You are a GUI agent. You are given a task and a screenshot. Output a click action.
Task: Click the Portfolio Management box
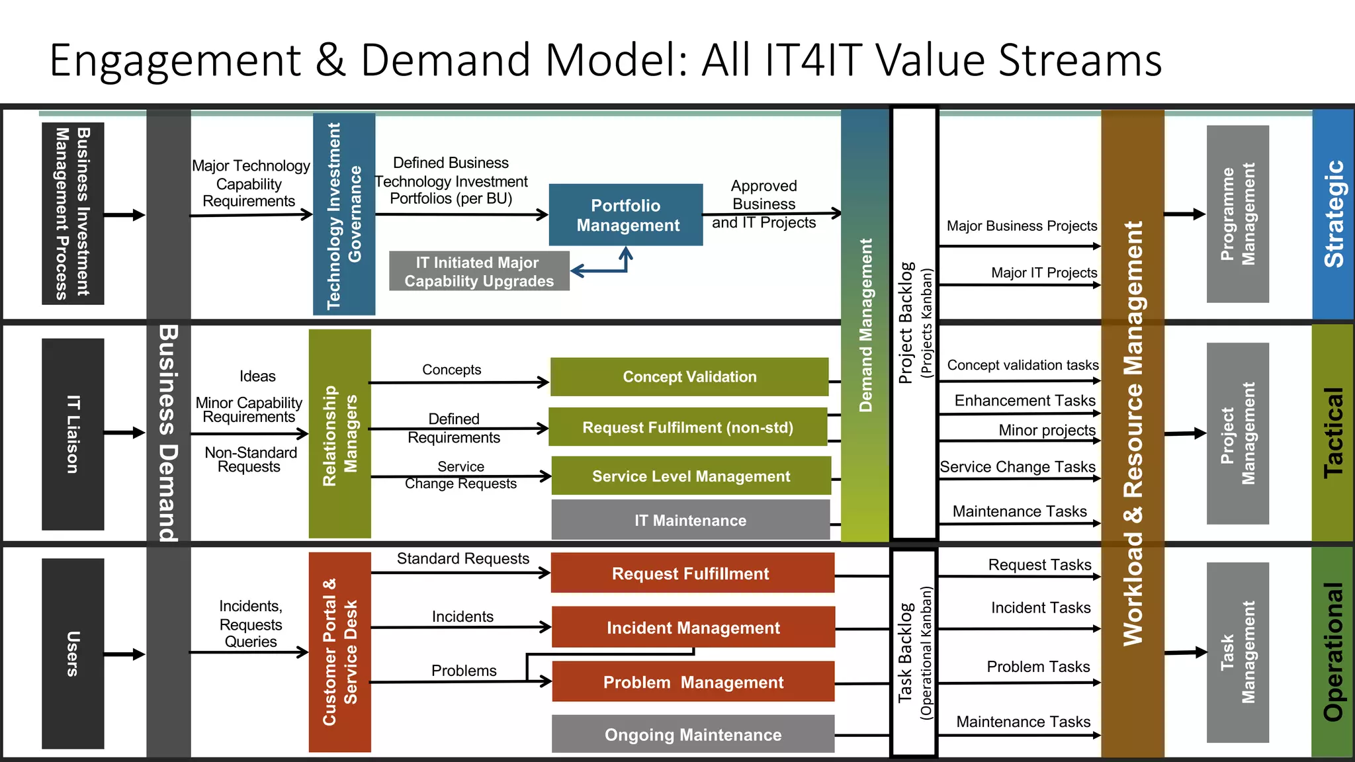pos(626,215)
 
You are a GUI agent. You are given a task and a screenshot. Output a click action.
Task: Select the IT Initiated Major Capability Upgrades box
pos(479,271)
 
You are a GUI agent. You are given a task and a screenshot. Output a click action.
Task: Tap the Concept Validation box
pos(689,377)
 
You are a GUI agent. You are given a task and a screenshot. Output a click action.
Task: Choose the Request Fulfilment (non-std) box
pos(688,427)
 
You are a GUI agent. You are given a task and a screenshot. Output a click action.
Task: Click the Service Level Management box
pos(691,476)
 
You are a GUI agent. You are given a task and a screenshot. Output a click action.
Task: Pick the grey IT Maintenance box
pos(690,521)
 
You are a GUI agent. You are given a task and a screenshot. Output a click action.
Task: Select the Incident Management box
pos(693,628)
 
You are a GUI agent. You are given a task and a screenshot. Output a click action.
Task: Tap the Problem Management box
pos(693,682)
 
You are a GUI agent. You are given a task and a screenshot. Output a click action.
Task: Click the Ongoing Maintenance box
pos(693,734)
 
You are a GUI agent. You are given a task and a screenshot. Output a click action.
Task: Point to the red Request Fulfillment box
pos(692,573)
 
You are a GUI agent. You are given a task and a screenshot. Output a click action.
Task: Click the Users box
pos(73,654)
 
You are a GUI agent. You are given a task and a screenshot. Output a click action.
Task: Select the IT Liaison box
pos(73,434)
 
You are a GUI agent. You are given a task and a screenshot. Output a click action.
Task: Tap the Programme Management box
pos(1237,214)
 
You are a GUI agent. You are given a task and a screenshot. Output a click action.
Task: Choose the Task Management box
pos(1237,652)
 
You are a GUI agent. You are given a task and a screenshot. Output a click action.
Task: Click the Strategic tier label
pos(1333,214)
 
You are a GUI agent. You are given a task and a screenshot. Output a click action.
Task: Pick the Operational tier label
pos(1333,652)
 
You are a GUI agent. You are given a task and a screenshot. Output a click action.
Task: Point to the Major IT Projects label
pos(1044,273)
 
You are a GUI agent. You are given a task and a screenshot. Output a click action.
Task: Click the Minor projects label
pos(1047,430)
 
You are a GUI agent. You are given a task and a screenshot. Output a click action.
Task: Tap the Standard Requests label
pos(462,559)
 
